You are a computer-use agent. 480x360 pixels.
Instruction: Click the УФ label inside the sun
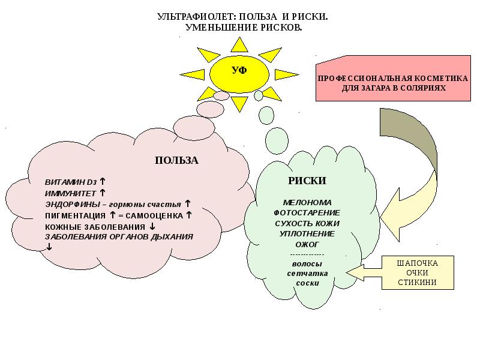click(x=239, y=70)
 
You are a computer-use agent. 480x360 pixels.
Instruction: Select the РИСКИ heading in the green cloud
click(x=307, y=180)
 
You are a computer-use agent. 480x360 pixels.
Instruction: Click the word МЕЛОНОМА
click(x=307, y=202)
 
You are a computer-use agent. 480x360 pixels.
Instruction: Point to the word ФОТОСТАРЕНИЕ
click(x=307, y=212)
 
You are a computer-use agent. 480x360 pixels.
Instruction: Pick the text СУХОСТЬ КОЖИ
click(x=307, y=223)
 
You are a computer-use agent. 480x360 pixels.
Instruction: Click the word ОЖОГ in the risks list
click(x=307, y=244)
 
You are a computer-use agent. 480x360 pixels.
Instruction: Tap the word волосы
click(x=307, y=263)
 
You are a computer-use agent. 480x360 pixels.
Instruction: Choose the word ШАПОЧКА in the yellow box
click(x=418, y=263)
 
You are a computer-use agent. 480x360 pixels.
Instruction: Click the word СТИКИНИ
click(x=418, y=283)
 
